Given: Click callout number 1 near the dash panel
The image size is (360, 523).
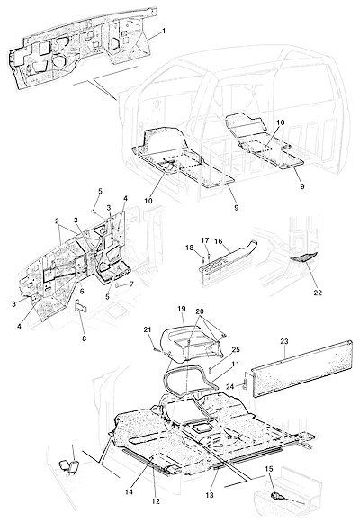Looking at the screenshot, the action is tap(164, 31).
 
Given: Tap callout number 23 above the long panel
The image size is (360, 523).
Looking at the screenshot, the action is tap(284, 341).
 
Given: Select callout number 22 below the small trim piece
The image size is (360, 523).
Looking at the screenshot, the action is tap(318, 293).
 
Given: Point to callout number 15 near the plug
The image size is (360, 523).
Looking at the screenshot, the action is tap(269, 469).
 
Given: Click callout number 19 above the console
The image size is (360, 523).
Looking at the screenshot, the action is tap(181, 309).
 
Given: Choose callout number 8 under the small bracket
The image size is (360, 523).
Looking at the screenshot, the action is tap(84, 338).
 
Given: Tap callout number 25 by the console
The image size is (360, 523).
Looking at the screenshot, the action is tap(236, 349).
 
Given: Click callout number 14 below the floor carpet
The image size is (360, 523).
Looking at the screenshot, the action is tap(129, 491).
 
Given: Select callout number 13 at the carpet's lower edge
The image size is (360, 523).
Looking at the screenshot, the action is tap(210, 495).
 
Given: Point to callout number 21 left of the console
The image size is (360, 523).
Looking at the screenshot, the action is tap(148, 329).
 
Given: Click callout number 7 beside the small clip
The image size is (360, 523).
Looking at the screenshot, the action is tap(131, 284).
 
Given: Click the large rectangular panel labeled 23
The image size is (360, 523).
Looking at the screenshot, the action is tap(302, 367).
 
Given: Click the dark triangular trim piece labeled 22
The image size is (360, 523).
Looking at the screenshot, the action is tap(304, 257).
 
